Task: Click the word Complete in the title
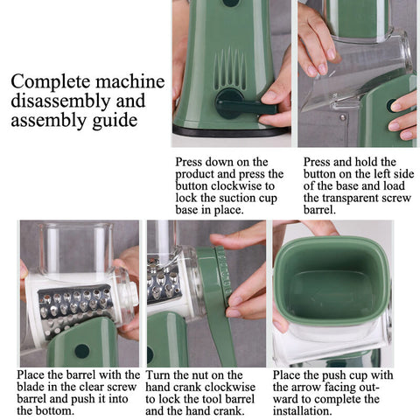[51, 82]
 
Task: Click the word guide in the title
[115, 121]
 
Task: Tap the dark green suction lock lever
[244, 106]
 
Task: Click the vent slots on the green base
[229, 68]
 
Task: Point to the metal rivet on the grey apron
[343, 117]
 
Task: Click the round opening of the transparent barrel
[405, 52]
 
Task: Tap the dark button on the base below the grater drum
[81, 351]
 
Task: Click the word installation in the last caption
[303, 411]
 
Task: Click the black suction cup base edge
[230, 132]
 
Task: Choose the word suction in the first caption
[236, 199]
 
